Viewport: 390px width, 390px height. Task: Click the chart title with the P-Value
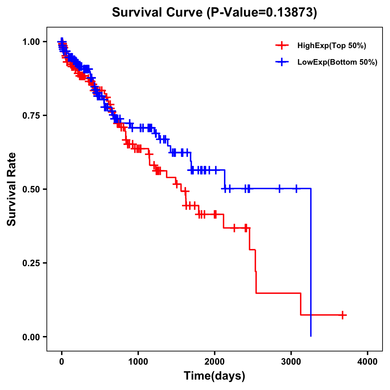[214, 13]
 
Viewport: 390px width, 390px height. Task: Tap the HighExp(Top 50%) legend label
[331, 46]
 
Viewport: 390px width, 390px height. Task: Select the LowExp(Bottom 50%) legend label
[337, 62]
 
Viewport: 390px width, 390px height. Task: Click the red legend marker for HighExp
[282, 46]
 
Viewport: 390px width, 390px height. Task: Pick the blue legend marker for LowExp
[282, 62]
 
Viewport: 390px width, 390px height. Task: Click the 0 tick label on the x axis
[62, 362]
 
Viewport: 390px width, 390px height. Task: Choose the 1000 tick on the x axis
[138, 362]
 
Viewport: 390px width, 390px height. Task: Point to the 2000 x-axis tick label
[214, 362]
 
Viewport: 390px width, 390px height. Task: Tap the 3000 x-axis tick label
[291, 362]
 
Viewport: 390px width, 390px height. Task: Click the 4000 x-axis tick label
[368, 362]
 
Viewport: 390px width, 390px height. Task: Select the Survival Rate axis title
[12, 189]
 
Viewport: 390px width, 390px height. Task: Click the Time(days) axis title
[214, 376]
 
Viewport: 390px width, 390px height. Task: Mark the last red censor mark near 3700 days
[343, 315]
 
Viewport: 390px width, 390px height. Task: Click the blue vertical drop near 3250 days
[311, 260]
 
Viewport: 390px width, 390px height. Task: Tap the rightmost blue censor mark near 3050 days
[296, 188]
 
